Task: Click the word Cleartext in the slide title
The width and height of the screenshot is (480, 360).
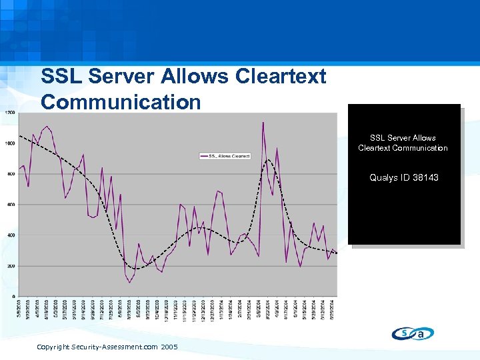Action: [x=281, y=77]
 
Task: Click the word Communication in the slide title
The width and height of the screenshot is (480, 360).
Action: [x=121, y=102]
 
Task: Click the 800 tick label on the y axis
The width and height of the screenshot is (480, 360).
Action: [x=11, y=174]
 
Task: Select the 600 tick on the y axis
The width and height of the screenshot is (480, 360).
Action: [x=11, y=205]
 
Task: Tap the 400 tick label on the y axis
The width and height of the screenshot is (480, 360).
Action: [x=11, y=235]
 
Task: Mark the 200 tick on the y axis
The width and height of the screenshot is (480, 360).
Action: [x=11, y=266]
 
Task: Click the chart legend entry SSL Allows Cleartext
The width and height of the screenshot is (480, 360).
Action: [x=225, y=156]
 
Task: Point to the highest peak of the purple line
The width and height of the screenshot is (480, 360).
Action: [x=263, y=122]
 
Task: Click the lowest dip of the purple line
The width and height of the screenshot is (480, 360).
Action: [x=130, y=282]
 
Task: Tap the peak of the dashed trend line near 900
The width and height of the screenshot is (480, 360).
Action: [x=268, y=159]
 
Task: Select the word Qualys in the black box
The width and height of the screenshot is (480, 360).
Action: [x=383, y=177]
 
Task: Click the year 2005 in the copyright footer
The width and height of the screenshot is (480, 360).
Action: [x=169, y=347]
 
